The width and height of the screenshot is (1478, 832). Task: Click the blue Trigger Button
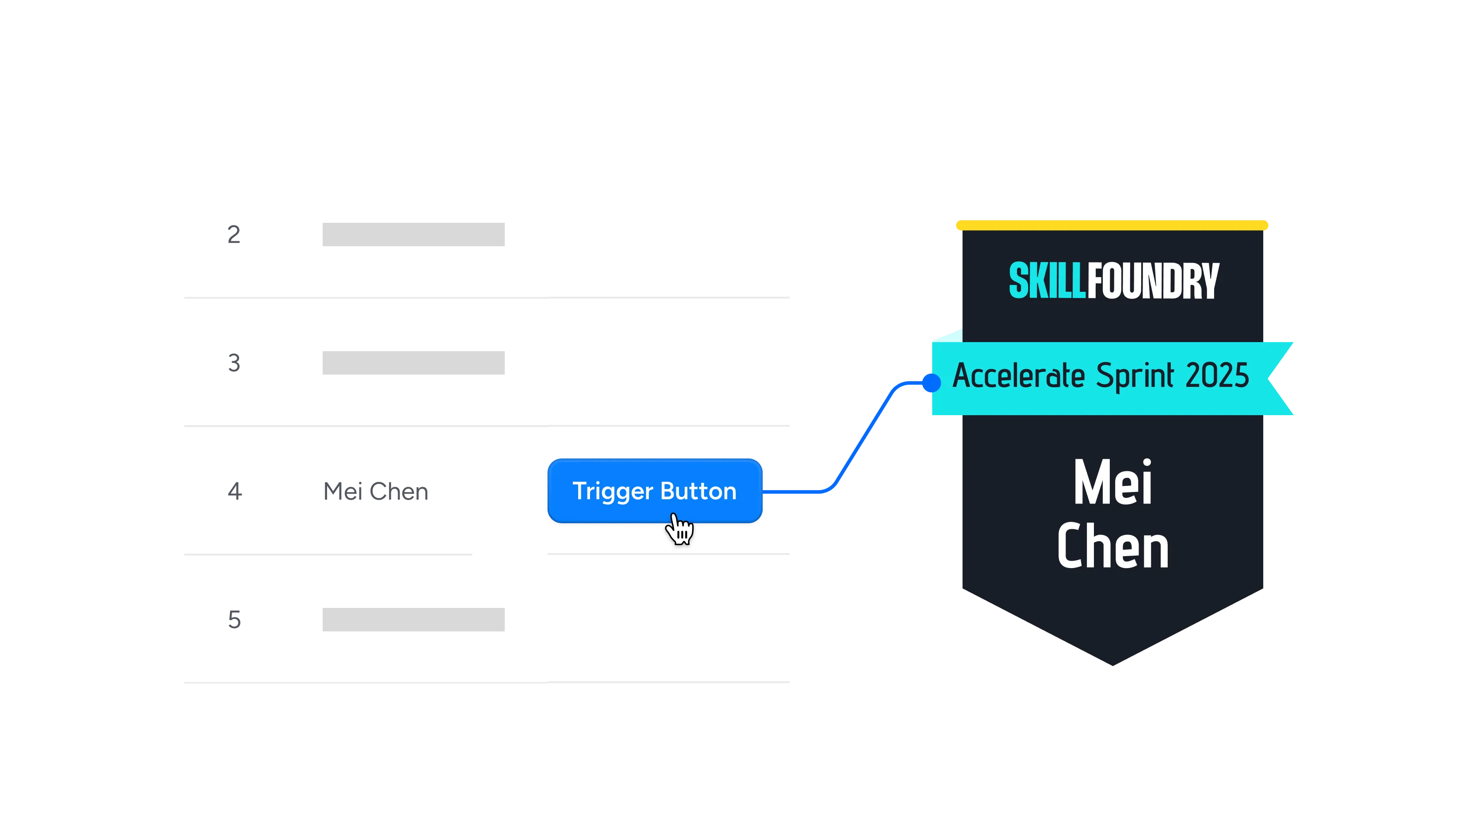tap(655, 491)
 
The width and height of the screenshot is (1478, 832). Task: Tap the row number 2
tap(233, 234)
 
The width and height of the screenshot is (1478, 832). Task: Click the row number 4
tap(234, 491)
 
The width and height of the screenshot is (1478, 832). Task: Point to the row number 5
tap(234, 620)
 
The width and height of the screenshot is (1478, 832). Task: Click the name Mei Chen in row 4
tap(376, 491)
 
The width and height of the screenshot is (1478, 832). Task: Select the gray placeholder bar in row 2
tap(413, 234)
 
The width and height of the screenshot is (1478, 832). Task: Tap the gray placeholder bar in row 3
tap(413, 363)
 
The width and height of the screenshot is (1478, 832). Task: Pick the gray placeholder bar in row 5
tap(413, 620)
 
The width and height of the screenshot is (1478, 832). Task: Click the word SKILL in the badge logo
tap(1047, 281)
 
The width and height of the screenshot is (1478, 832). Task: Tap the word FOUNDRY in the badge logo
tap(1153, 281)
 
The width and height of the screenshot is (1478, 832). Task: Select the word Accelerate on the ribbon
tap(1019, 376)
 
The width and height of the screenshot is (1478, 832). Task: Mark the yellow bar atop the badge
tap(1112, 225)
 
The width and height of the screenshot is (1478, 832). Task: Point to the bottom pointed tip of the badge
tap(1112, 666)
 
